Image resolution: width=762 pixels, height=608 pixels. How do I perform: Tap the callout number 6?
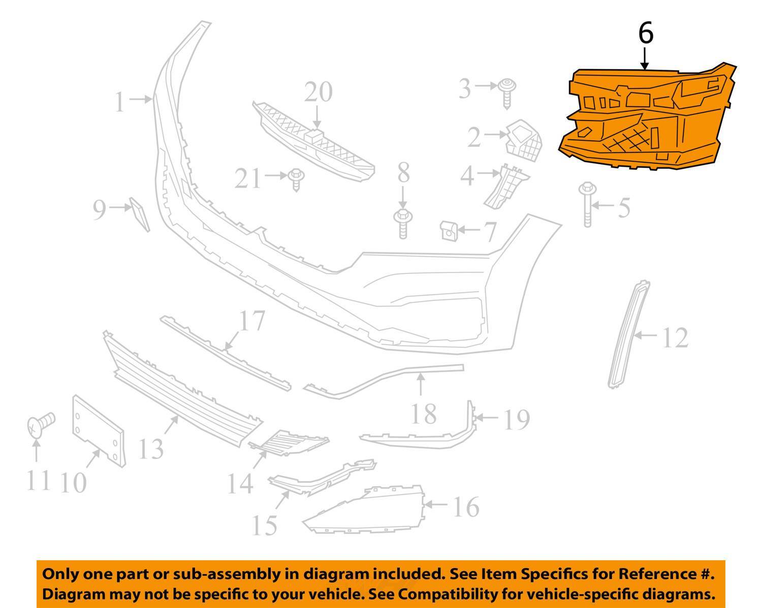tap(645, 34)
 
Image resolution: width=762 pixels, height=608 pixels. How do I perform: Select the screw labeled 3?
tap(506, 92)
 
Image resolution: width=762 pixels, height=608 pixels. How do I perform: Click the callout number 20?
tap(319, 93)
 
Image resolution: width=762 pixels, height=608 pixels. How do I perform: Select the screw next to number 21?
tap(295, 179)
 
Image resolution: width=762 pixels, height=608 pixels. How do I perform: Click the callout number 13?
tap(151, 448)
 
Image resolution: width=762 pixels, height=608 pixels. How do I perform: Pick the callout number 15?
tap(265, 525)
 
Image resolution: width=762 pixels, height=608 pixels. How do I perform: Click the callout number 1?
tap(119, 102)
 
